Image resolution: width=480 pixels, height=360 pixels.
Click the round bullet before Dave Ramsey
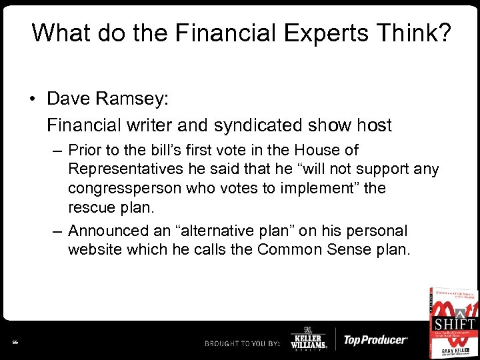coord(32,99)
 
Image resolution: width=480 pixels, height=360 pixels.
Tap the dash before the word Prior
coord(58,151)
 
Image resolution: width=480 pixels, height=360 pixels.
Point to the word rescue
coord(91,207)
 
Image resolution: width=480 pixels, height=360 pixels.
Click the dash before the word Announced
coord(58,231)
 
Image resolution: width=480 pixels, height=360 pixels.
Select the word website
coord(95,250)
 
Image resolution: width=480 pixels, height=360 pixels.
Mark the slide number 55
coord(15,342)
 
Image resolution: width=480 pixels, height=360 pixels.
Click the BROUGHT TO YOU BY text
coord(241,342)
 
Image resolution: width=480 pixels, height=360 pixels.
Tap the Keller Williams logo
coord(307,339)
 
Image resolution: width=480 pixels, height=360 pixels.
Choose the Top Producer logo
coord(374,340)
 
